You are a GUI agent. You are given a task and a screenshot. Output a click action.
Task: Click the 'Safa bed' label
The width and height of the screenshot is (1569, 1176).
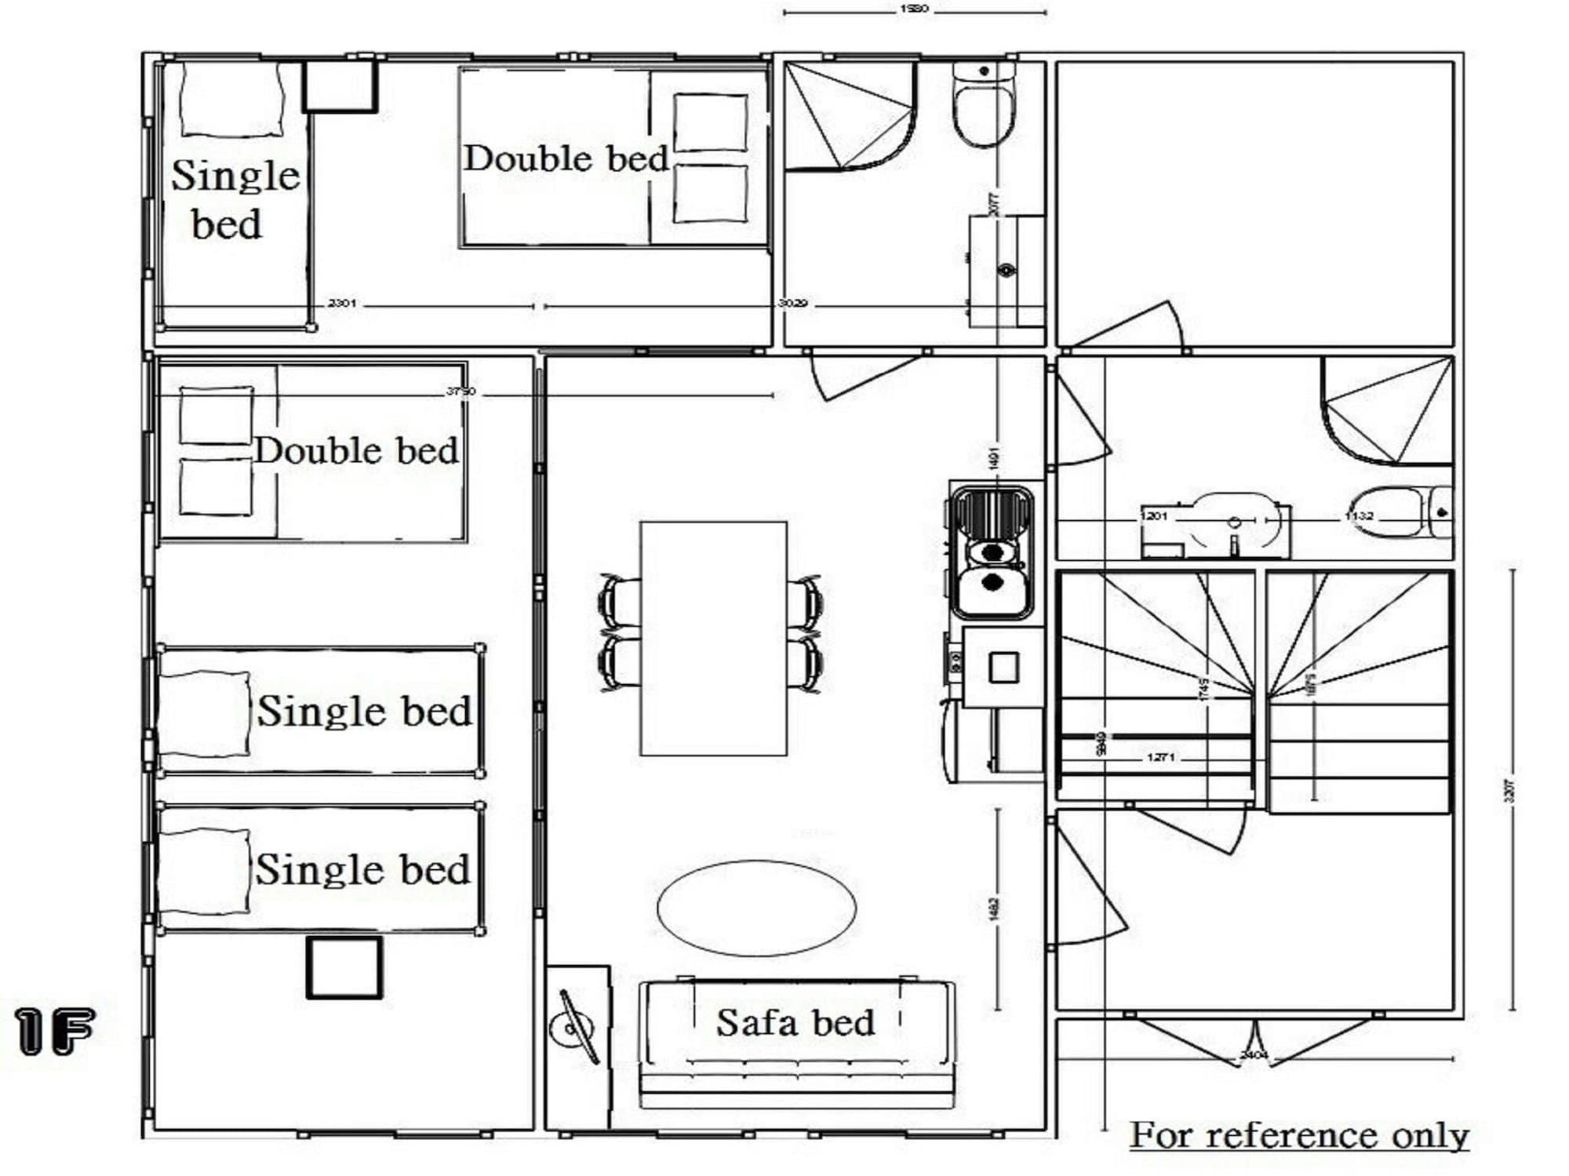point(795,1023)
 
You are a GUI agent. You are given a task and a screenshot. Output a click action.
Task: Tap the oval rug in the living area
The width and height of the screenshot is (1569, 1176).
point(756,908)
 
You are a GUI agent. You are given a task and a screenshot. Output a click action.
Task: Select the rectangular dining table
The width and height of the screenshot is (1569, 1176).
point(713,638)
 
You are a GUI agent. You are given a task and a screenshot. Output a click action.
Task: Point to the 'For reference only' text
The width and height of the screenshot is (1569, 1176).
point(1299,1135)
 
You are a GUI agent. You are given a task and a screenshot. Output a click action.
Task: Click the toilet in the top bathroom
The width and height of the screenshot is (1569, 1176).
point(983,110)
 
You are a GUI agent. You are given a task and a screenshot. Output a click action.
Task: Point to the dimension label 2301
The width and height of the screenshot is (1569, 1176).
point(342,303)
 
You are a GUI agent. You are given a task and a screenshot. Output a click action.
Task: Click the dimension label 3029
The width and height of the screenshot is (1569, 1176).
point(792,303)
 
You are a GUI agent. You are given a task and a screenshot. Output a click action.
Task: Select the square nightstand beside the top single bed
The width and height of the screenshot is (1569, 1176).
point(340,86)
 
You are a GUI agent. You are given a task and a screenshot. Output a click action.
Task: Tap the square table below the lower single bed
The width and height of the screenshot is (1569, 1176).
point(344,967)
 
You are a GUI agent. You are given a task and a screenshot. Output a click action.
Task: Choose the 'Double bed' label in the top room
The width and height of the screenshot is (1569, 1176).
point(566,158)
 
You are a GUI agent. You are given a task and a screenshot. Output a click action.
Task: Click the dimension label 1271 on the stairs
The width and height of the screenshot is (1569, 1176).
point(1160,757)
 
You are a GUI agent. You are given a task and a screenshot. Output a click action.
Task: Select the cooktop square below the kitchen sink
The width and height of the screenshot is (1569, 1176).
point(1003,668)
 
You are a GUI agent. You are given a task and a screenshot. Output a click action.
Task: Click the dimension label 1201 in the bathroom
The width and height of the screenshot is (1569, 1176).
point(1153,516)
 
